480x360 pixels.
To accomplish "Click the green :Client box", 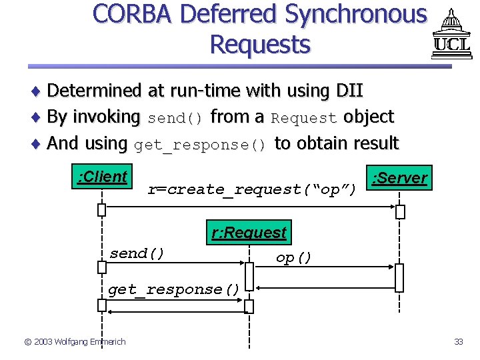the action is (102, 177).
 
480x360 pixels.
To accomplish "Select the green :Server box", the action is (400, 178).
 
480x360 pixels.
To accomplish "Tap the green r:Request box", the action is (249, 233).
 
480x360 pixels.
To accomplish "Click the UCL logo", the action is (451, 35).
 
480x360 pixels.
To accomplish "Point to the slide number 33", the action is (458, 342).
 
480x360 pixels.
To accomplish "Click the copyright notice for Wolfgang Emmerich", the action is (75, 342).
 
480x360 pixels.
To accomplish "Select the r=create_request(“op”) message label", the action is (252, 190).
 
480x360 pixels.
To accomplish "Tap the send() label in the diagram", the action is (137, 254).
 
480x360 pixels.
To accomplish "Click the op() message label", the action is (294, 258).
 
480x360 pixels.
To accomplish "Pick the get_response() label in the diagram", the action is (173, 289).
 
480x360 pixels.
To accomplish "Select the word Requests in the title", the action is (259, 44).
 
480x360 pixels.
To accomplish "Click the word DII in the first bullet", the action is (350, 90).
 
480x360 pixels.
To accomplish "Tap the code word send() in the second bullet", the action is (175, 119).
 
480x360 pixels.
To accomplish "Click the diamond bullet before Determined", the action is (38, 91).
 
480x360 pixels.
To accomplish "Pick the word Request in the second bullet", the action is (304, 119).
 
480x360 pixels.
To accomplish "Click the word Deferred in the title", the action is (226, 14).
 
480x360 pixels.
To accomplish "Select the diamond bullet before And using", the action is (38, 144).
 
